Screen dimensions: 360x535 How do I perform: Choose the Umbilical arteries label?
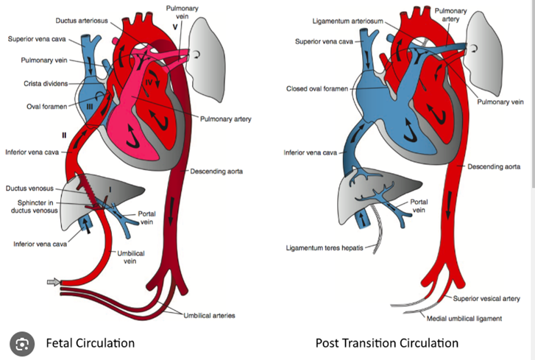209,316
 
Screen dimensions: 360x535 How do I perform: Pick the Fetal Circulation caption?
90,342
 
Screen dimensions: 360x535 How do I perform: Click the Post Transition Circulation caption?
386,342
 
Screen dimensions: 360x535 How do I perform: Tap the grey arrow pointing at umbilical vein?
54,280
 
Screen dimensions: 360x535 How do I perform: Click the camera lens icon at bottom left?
23,342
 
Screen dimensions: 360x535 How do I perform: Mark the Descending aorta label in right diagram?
494,166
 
